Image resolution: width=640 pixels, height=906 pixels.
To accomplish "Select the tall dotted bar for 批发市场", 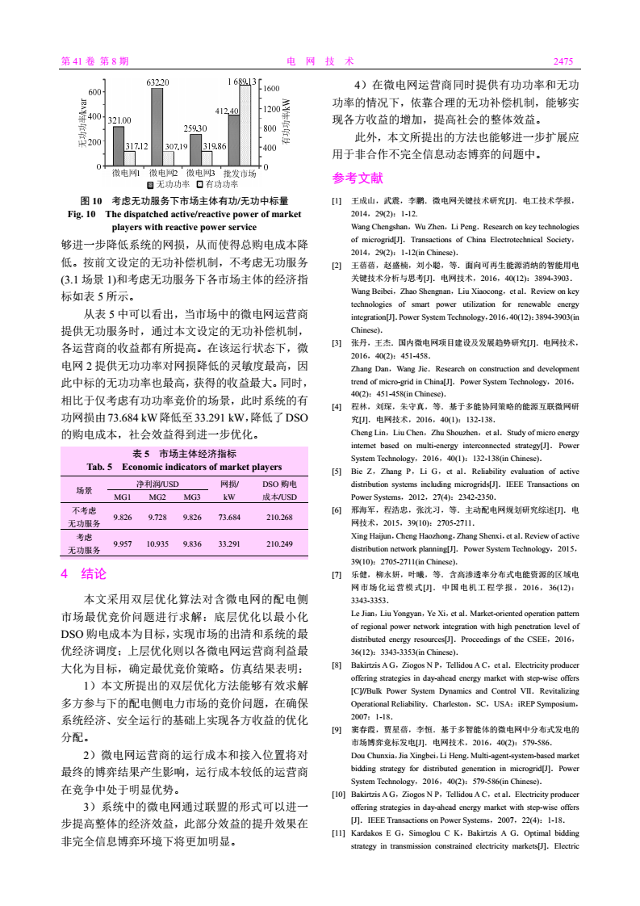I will (245, 125).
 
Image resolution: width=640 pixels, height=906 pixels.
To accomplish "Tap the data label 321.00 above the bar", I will (119, 120).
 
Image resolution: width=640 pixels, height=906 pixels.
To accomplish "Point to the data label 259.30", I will (195, 128).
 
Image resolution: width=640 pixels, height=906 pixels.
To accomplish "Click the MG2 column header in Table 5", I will (157, 497).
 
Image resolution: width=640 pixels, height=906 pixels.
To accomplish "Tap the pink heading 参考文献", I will (358, 178).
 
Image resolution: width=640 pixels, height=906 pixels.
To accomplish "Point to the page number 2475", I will (563, 61).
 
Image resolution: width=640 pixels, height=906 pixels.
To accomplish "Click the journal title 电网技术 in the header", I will (320, 61).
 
